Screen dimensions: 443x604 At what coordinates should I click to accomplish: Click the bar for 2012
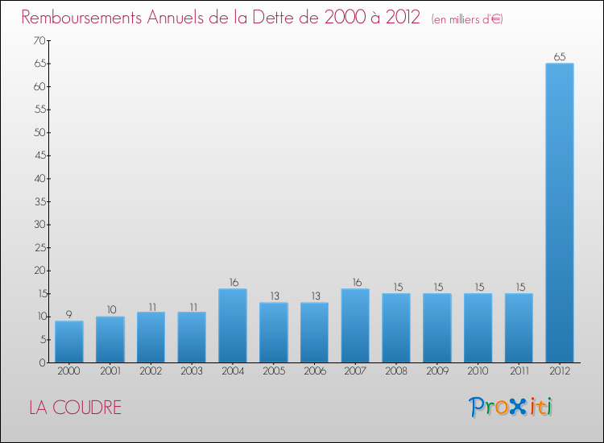(559, 213)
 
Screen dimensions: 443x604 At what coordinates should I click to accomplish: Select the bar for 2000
(68, 342)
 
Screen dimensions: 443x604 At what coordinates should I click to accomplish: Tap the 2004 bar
(232, 325)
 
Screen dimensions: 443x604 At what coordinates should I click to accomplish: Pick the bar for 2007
(355, 325)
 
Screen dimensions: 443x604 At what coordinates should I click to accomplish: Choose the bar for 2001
(110, 339)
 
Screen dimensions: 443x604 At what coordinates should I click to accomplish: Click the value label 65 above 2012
(559, 56)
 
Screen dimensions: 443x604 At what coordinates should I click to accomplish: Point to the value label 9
(68, 314)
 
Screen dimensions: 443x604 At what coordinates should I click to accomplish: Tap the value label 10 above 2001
(110, 309)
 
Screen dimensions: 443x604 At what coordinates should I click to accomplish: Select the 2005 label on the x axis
(273, 371)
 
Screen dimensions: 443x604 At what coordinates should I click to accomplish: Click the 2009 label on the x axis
(436, 371)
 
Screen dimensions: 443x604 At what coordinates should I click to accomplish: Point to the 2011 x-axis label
(519, 371)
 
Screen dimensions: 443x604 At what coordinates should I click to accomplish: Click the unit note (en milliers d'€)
(467, 19)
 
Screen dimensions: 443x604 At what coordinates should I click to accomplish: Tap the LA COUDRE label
(75, 408)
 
